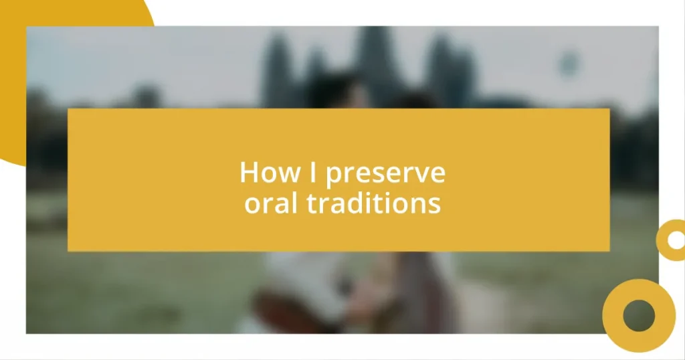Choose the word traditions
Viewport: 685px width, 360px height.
(x=374, y=203)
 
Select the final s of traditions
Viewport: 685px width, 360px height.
(x=435, y=204)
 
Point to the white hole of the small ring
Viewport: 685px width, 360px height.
(x=676, y=240)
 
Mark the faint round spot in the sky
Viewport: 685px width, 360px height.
(x=569, y=64)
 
